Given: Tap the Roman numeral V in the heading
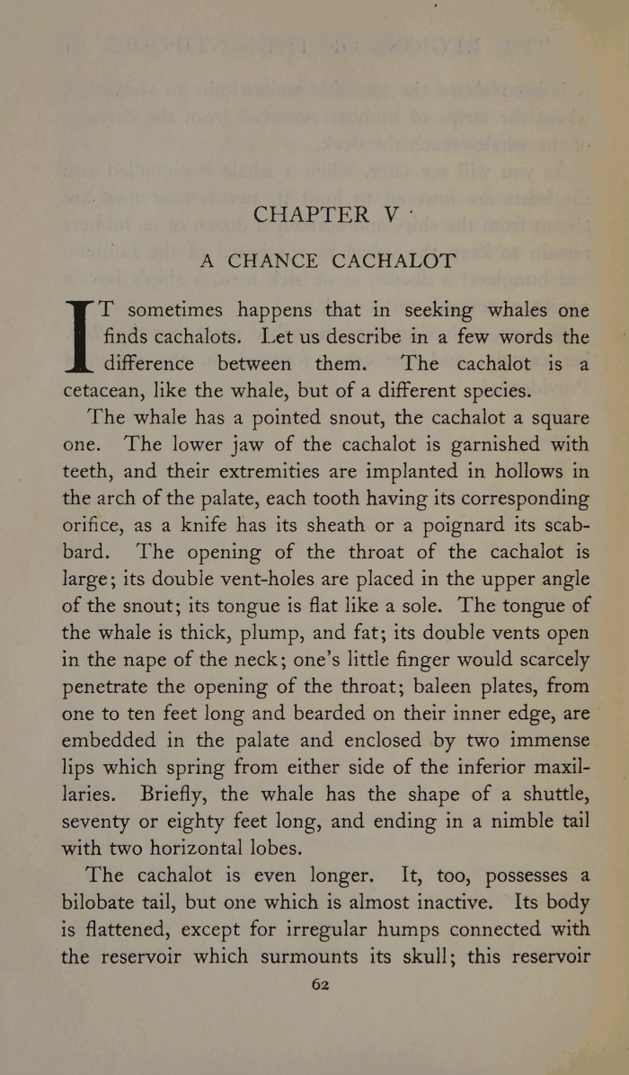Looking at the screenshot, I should pos(392,215).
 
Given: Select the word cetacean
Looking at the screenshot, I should pos(106,392).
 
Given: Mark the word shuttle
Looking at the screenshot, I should pos(549,795).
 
